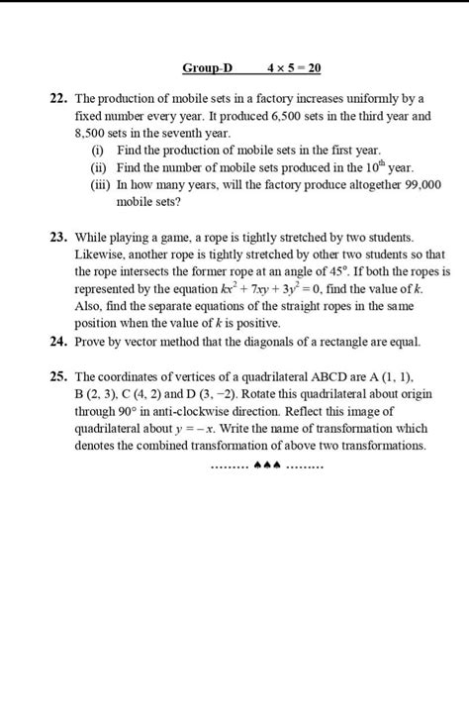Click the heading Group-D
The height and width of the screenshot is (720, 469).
pos(207,68)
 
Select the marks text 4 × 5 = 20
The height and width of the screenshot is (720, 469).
pos(294,68)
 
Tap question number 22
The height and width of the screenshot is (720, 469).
pos(58,100)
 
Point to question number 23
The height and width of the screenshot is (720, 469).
pos(58,238)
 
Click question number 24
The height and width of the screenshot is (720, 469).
pos(58,342)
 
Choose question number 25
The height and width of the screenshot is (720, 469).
pos(58,377)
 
